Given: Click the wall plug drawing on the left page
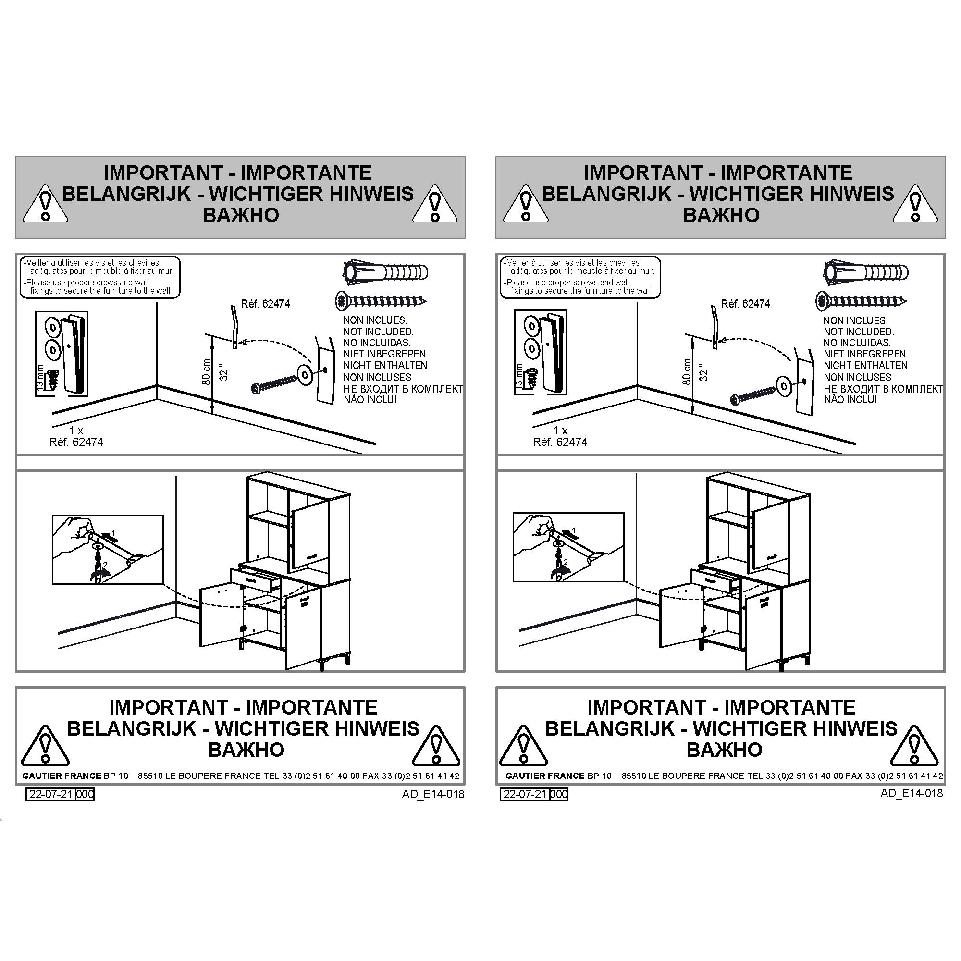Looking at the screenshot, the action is pyautogui.click(x=386, y=272).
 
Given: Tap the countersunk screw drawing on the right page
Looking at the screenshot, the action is pyautogui.click(x=861, y=301).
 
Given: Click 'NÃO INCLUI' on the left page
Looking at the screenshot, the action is pyautogui.click(x=370, y=399).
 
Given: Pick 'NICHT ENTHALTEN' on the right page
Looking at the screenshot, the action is pyautogui.click(x=865, y=365).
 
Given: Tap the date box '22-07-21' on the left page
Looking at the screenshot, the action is pyautogui.click(x=51, y=794).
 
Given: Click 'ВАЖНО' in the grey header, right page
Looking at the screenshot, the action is pyautogui.click(x=721, y=215).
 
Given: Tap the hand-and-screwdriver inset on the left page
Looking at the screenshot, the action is pyautogui.click(x=108, y=549).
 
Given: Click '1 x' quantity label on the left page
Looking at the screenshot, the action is pyautogui.click(x=76, y=430).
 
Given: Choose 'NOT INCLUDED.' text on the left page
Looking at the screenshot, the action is pyautogui.click(x=378, y=332).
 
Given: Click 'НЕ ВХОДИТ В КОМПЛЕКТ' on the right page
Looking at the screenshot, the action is pyautogui.click(x=883, y=388).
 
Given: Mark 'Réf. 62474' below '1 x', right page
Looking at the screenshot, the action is pyautogui.click(x=560, y=442).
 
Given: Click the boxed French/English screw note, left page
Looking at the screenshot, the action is pyautogui.click(x=99, y=277).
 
